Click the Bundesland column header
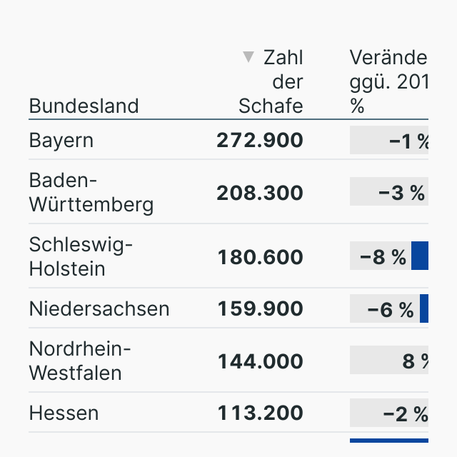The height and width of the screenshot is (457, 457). point(84,106)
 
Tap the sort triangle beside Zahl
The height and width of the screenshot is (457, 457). point(248,57)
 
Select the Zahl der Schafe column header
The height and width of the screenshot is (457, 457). point(271,81)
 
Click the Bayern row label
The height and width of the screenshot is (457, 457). point(61,140)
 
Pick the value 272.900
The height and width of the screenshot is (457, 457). point(260,141)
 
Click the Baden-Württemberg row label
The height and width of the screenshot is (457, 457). point(91,193)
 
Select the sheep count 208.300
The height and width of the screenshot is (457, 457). point(260,194)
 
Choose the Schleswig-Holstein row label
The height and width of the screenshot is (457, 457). point(81,257)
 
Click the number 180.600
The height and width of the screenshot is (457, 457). point(260,257)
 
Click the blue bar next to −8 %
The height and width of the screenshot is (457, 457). point(420,256)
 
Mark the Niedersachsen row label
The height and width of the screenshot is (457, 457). point(99,308)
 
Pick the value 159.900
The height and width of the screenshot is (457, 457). point(260,309)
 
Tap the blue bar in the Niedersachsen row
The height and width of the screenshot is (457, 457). point(424,308)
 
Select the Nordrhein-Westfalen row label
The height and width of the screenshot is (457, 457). point(80,361)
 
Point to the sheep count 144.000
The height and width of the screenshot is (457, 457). point(260,361)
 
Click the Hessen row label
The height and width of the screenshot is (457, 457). point(64,413)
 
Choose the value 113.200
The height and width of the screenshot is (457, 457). point(260,413)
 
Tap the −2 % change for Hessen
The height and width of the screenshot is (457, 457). point(405,413)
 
